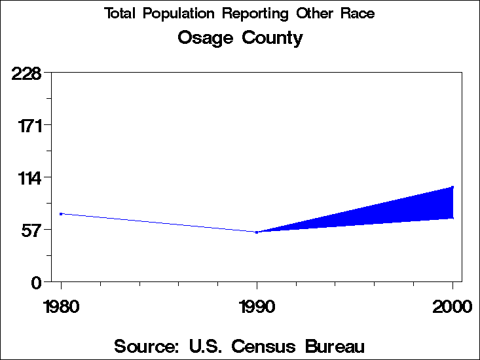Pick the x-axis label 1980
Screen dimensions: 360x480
pos(61,306)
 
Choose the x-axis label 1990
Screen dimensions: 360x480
pos(257,306)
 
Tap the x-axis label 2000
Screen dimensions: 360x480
pos(452,306)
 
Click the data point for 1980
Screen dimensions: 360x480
pos(61,214)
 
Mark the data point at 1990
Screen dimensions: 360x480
pos(257,232)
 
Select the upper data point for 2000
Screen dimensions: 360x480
pos(452,187)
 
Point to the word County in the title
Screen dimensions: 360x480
pos(272,39)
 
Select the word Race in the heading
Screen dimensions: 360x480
pos(359,14)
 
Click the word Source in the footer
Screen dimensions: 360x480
pos(147,346)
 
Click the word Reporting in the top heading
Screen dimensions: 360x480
pos(251,14)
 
